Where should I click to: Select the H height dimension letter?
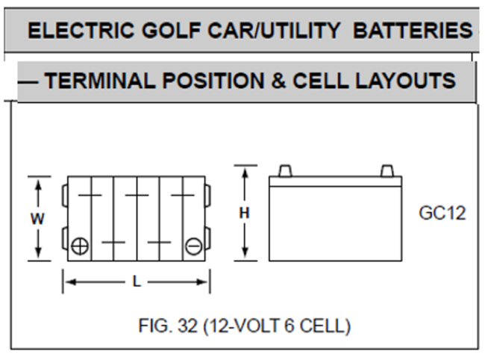point(244,214)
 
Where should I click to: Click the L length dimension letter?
point(137,282)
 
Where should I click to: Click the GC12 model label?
point(442,213)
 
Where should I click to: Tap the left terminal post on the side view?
point(284,171)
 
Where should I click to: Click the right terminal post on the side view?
point(386,171)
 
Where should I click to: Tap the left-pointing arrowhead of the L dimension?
point(67,282)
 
